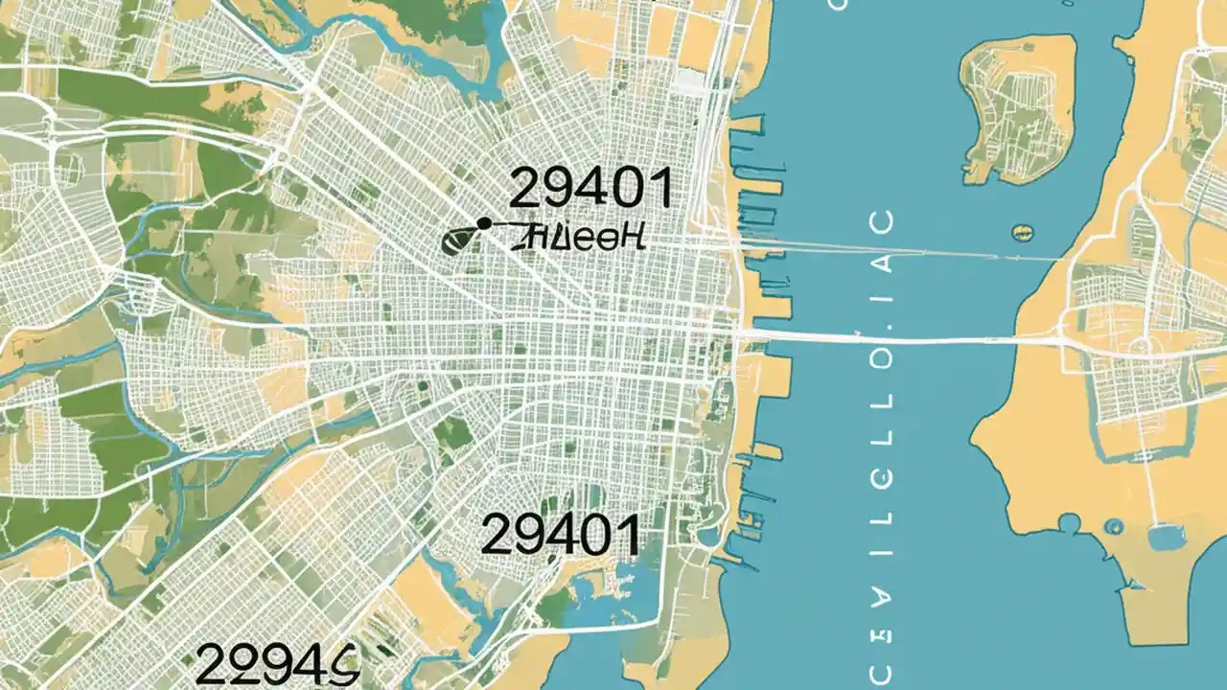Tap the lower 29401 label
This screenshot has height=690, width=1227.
click(560, 534)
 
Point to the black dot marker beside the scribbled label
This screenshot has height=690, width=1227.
click(483, 223)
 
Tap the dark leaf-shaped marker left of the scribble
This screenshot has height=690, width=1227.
click(457, 241)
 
